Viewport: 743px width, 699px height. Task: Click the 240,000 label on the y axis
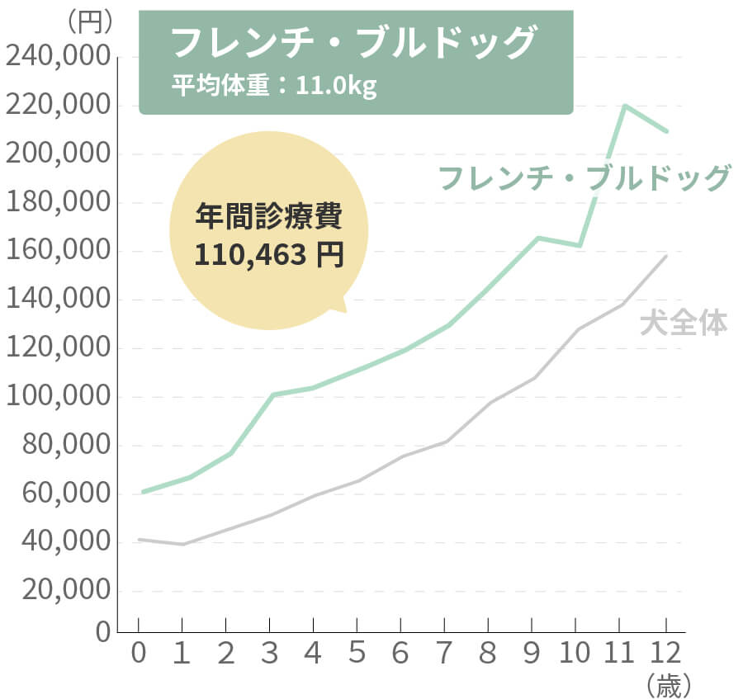click(57, 58)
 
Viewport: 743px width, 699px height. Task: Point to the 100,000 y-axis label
click(57, 397)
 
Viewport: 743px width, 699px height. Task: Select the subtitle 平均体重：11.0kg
click(274, 85)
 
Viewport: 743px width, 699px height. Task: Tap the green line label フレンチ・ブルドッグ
click(584, 177)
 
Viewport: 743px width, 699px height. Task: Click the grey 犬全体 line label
click(684, 323)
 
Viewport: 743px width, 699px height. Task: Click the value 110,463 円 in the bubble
click(268, 254)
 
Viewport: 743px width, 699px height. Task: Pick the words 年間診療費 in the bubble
click(268, 216)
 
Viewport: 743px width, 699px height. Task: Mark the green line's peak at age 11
click(625, 106)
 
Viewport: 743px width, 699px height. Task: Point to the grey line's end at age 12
click(666, 256)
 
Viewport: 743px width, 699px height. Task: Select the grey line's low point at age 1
click(182, 544)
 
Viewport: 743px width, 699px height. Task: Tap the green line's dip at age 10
click(580, 245)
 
